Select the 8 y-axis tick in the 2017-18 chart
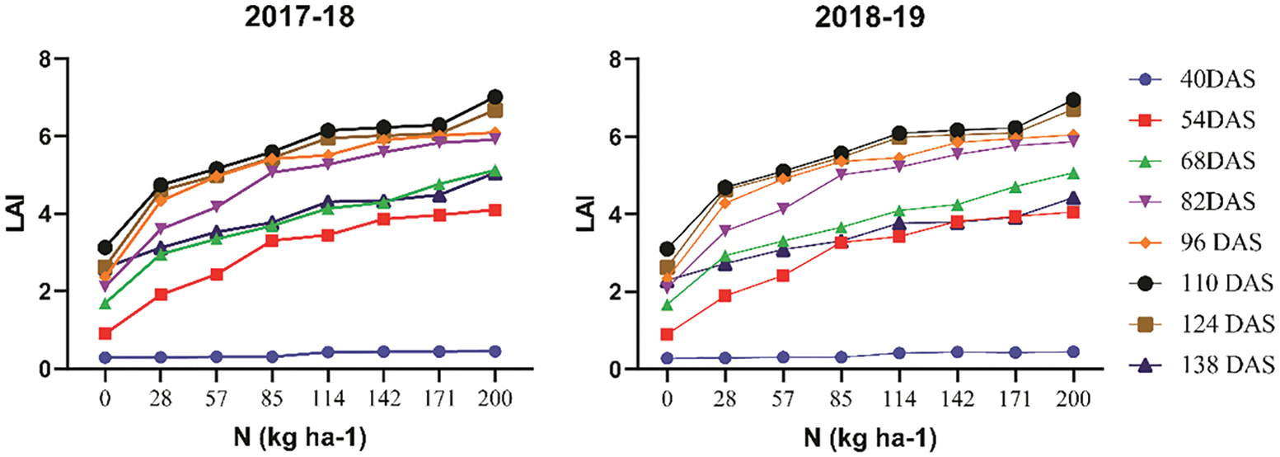pyautogui.click(x=55, y=59)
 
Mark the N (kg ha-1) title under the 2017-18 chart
pyautogui.click(x=300, y=436)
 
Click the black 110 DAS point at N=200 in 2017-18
pyautogui.click(x=495, y=97)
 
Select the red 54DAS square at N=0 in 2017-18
pyautogui.click(x=105, y=333)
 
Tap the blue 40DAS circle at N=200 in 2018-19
pyautogui.click(x=1074, y=351)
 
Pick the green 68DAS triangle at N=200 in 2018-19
pyautogui.click(x=1074, y=173)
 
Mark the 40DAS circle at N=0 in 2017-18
pyautogui.click(x=105, y=357)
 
